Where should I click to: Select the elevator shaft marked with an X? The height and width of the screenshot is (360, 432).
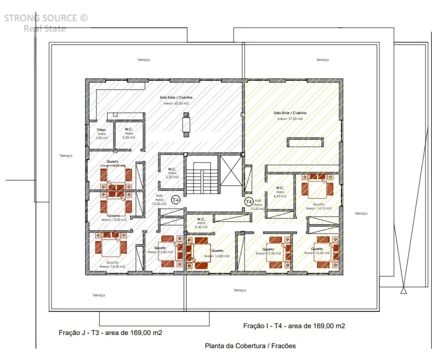point(230,173)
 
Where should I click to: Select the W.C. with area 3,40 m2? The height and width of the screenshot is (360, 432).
point(201,222)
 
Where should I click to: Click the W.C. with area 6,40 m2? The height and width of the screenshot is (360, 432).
point(280,191)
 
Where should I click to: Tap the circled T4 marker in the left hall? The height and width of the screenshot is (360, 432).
point(175,200)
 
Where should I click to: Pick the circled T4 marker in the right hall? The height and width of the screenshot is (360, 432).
point(248,201)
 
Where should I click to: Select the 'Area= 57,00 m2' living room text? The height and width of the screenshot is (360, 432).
point(289,119)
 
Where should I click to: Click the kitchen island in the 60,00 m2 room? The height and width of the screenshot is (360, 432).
point(186,123)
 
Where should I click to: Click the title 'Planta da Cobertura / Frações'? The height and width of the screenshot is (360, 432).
point(250,345)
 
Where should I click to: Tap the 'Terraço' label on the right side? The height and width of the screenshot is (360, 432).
point(361,213)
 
